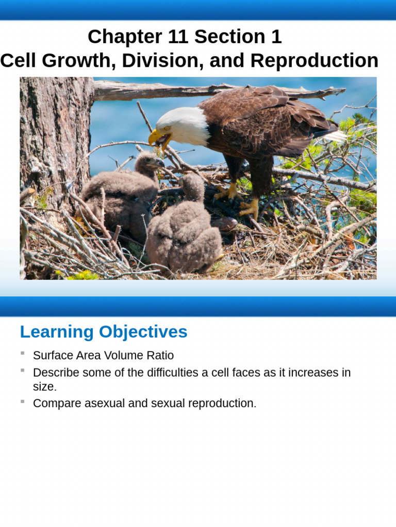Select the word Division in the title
click(x=153, y=61)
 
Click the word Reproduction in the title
click(x=314, y=61)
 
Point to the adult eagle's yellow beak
click(x=157, y=137)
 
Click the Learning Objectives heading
click(x=104, y=332)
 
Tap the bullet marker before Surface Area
click(x=23, y=354)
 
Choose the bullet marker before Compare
click(x=23, y=401)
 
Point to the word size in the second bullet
click(x=43, y=387)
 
